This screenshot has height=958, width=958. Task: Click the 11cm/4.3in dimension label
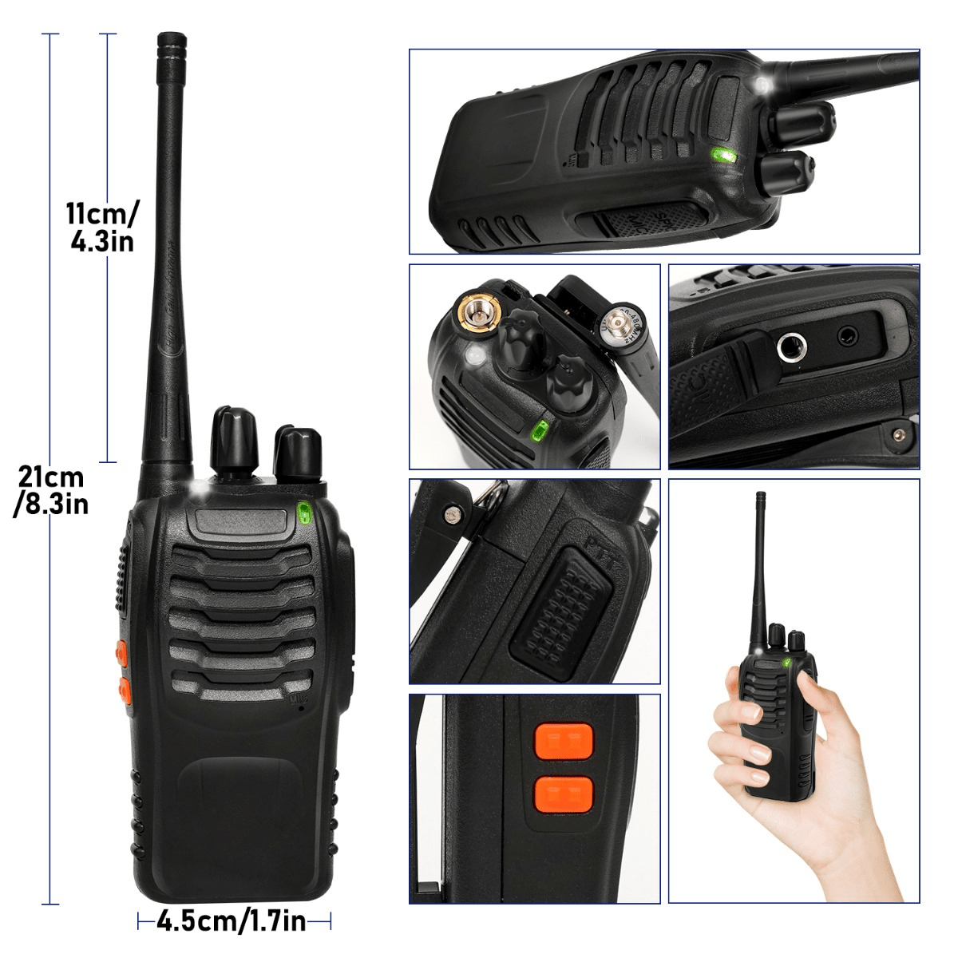(x=101, y=228)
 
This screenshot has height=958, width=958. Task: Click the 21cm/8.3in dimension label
(x=52, y=490)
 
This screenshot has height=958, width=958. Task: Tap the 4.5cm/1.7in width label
(x=232, y=921)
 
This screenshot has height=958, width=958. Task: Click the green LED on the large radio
(x=304, y=512)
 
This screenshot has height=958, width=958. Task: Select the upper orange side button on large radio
(x=122, y=651)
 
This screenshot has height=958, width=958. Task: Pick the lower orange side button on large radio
(x=125, y=689)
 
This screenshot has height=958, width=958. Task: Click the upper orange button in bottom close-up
(x=564, y=740)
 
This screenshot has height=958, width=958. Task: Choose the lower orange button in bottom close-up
(x=564, y=792)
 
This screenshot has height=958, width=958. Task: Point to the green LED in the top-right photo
(x=724, y=156)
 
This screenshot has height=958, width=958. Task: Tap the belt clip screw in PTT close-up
(x=453, y=515)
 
